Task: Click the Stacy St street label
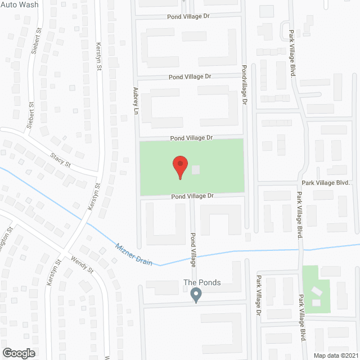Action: click(x=60, y=160)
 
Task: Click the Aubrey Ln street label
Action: click(x=136, y=101)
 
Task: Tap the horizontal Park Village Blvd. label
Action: click(x=326, y=183)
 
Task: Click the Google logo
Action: click(x=18, y=353)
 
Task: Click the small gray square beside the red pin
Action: click(x=196, y=169)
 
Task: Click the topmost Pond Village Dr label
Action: click(x=188, y=17)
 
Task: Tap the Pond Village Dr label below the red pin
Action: click(x=193, y=196)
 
